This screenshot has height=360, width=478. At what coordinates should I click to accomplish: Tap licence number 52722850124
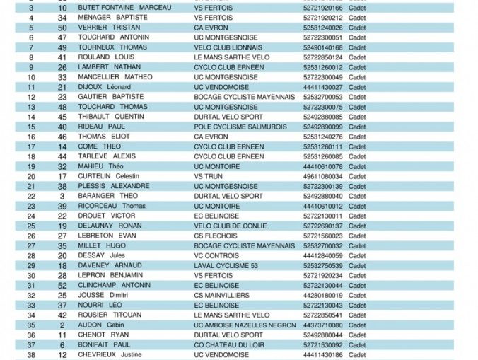(x=322, y=57)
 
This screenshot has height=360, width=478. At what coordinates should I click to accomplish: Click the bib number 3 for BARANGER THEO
(x=62, y=196)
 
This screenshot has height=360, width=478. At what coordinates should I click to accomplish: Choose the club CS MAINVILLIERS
(x=222, y=295)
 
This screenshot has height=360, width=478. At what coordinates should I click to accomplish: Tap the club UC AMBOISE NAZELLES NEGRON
(x=245, y=325)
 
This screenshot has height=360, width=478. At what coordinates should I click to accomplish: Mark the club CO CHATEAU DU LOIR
(x=230, y=344)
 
